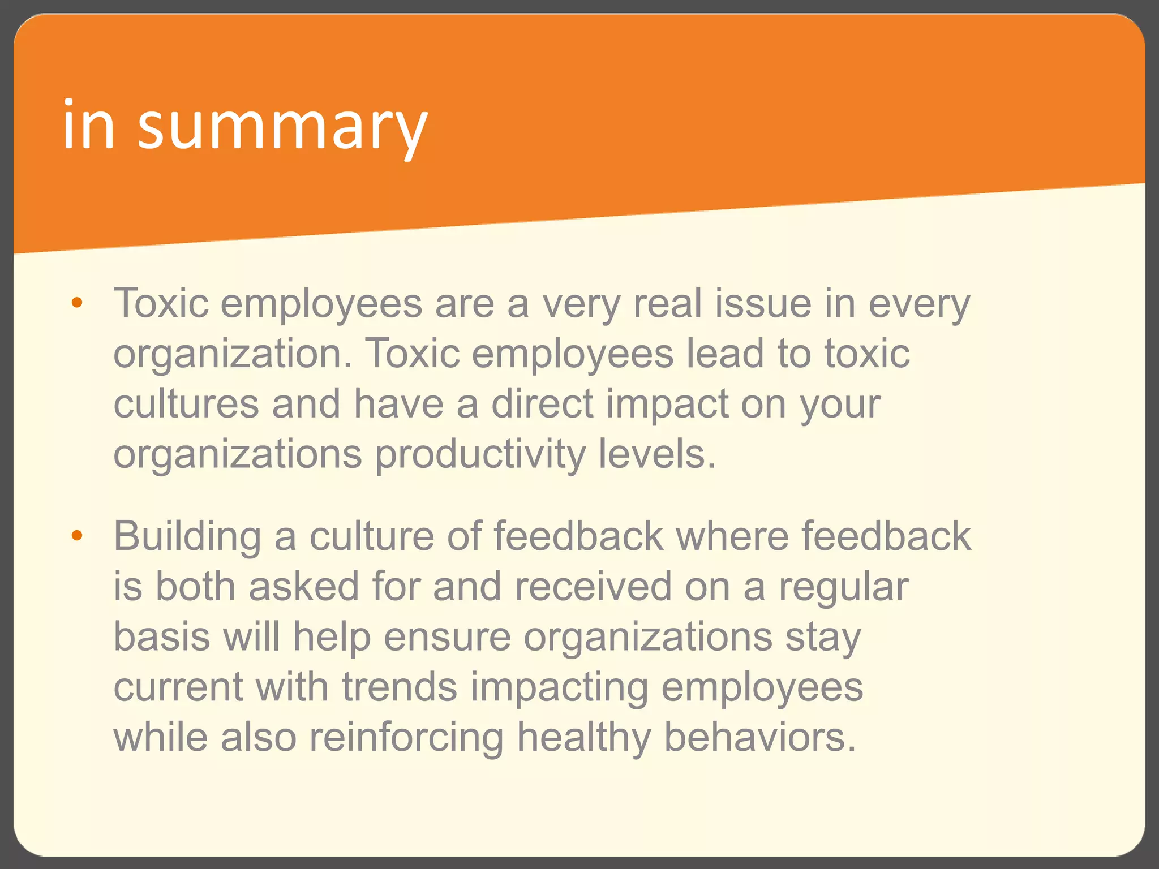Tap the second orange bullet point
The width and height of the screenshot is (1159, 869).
coord(77,535)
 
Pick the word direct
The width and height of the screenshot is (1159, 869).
coord(542,404)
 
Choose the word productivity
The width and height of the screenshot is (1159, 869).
coord(480,455)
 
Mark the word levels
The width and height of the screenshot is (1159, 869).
coord(657,454)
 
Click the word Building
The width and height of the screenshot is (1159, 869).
coord(187,536)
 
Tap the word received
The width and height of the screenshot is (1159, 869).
coord(593,586)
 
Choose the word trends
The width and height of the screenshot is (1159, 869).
coord(400,687)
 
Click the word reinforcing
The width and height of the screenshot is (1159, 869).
coord(406,738)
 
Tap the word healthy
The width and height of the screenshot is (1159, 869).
coord(583,738)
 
